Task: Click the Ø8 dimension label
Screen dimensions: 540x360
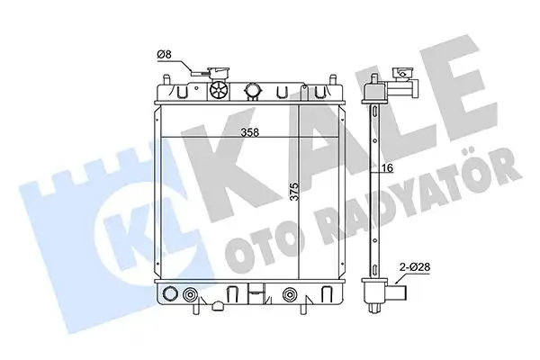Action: point(164,54)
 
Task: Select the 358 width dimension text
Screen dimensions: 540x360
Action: point(249,132)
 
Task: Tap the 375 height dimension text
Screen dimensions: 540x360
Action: point(294,191)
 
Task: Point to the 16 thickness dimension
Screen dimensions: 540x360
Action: point(387,168)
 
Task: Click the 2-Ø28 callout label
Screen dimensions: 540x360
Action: point(415,266)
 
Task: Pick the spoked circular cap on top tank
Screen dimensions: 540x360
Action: point(219,91)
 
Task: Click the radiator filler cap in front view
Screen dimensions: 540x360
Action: point(217,72)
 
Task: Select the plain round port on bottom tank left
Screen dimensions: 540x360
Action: point(170,294)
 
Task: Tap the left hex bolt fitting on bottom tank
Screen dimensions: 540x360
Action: point(189,295)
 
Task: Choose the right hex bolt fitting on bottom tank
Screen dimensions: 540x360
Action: point(289,295)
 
